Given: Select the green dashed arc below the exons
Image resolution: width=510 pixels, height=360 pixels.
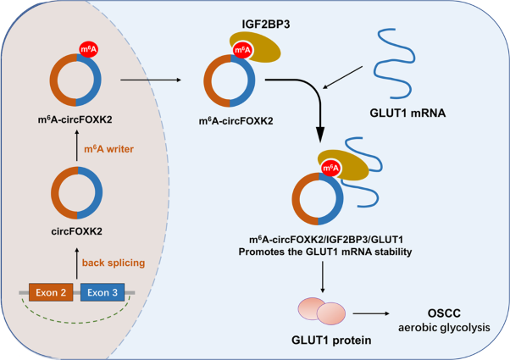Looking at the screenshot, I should [x=76, y=318].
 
